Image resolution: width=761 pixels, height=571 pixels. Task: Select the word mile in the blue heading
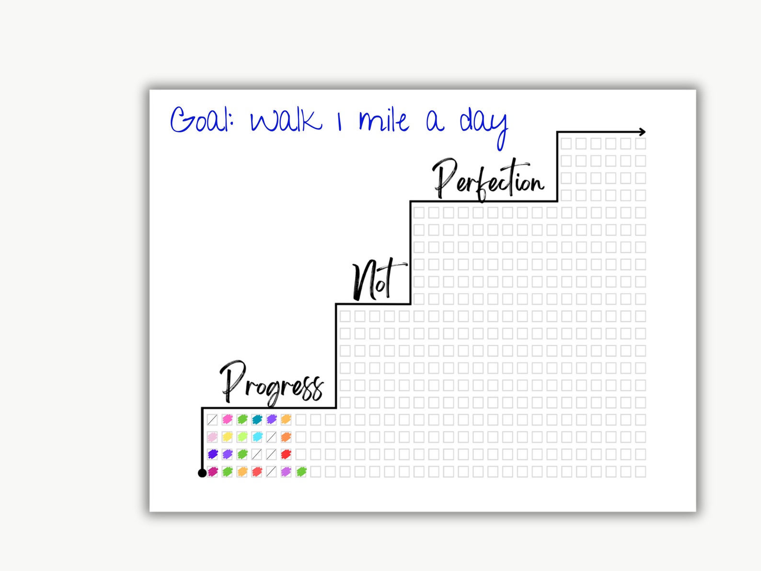383,121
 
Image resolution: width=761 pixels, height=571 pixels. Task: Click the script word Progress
271,384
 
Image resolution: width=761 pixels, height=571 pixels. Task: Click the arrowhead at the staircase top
643,132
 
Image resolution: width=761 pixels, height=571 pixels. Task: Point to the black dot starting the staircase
202,473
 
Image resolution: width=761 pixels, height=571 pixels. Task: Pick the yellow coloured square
227,437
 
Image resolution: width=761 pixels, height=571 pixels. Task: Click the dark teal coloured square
257,420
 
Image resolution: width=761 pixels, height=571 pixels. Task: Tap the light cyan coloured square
257,437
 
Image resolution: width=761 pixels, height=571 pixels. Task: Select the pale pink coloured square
212,437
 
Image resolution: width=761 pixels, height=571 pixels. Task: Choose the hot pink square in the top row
227,420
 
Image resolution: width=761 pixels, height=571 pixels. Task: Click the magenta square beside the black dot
212,472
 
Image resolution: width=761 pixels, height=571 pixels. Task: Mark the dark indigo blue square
212,454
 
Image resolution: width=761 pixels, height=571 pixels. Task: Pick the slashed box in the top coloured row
212,420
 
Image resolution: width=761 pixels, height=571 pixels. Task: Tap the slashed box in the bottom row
271,472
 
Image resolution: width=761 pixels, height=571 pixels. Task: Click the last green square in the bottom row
301,472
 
